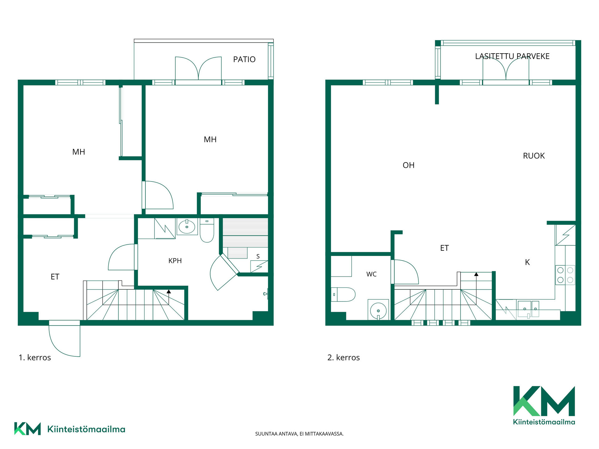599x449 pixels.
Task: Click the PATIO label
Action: pyautogui.click(x=244, y=59)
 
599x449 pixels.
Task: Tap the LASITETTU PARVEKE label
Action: pyautogui.click(x=512, y=56)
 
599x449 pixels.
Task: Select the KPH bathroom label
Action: pyautogui.click(x=175, y=261)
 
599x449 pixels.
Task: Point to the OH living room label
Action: pyautogui.click(x=409, y=165)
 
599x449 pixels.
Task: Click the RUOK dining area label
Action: pyautogui.click(x=534, y=156)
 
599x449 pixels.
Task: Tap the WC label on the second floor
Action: pyautogui.click(x=372, y=274)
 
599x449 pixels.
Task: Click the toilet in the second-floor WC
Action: pyautogui.click(x=343, y=294)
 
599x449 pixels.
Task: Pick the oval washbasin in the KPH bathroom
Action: pyautogui.click(x=187, y=227)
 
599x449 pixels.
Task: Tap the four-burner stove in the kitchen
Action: pyautogui.click(x=565, y=275)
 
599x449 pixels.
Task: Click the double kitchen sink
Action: pyautogui.click(x=528, y=309)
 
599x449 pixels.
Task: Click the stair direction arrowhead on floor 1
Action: pyautogui.click(x=169, y=292)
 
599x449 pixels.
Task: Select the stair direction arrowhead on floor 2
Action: pyautogui.click(x=476, y=274)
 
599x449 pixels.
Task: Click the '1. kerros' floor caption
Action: pyautogui.click(x=35, y=358)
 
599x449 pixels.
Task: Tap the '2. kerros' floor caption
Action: pyautogui.click(x=343, y=358)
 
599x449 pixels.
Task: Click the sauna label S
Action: pyautogui.click(x=258, y=257)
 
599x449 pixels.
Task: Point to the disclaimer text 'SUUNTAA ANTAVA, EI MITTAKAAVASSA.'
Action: pyautogui.click(x=299, y=434)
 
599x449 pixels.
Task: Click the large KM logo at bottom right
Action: pyautogui.click(x=544, y=405)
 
